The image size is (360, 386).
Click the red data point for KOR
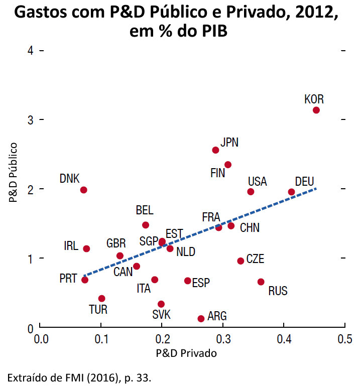(316, 110)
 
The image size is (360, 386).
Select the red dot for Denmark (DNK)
(83, 190)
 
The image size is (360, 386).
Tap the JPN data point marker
(215, 150)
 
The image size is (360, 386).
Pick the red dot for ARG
(201, 318)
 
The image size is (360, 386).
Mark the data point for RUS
(261, 282)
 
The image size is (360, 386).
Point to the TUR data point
(101, 298)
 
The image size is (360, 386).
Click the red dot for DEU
(291, 192)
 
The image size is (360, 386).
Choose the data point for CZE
(241, 261)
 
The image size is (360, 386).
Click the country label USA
(257, 181)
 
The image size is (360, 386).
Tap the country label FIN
(217, 173)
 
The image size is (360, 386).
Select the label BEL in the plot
(145, 210)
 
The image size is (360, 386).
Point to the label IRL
(71, 246)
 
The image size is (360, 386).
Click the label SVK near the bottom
(161, 315)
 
